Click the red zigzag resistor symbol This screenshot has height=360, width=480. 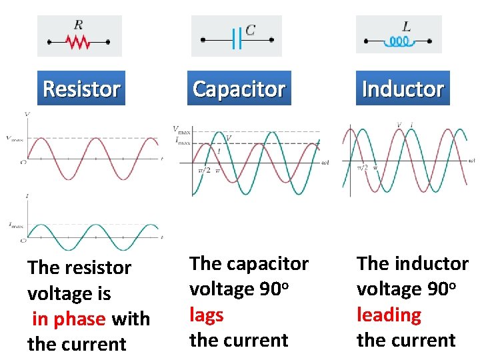[79, 42]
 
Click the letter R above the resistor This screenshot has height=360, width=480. [79, 25]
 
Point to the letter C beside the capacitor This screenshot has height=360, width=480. [250, 30]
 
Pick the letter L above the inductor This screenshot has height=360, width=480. [407, 27]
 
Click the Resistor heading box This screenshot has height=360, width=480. [81, 89]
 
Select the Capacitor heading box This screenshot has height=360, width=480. [239, 89]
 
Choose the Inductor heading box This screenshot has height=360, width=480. [403, 89]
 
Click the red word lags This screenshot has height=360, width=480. [206, 315]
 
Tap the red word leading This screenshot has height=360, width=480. [389, 315]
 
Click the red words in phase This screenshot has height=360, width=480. [69, 319]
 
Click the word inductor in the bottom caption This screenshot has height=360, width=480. [431, 263]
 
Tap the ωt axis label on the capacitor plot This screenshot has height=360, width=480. [325, 163]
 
